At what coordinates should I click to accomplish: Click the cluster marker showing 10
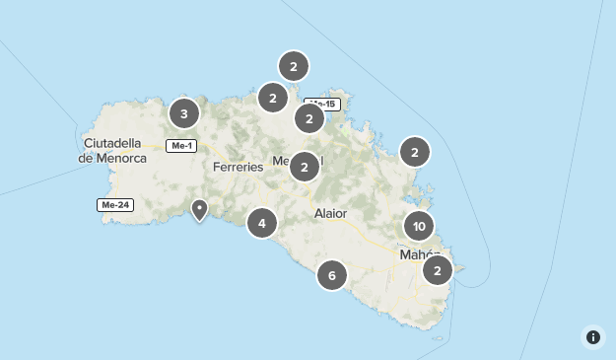[x=419, y=226]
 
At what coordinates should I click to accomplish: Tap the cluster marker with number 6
[x=332, y=275]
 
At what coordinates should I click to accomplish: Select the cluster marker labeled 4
[x=261, y=224]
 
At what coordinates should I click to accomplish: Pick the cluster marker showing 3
[x=183, y=113]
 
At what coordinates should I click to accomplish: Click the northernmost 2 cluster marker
[x=294, y=66]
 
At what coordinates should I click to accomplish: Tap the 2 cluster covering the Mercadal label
[x=305, y=167]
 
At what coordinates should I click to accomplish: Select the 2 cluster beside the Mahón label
[x=437, y=269]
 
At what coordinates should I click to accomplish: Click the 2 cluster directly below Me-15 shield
[x=309, y=119]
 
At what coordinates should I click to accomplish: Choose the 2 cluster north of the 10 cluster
[x=415, y=152]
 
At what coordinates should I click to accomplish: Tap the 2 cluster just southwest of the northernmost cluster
[x=272, y=97]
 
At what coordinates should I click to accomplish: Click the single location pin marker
[x=199, y=208]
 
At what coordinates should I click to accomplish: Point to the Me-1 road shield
[x=181, y=146]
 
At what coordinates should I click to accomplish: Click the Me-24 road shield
[x=114, y=205]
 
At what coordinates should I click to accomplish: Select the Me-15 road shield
[x=322, y=104]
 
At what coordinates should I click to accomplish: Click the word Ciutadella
[x=114, y=142]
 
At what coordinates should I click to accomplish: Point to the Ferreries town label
[x=239, y=167]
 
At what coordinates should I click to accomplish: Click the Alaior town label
[x=330, y=213]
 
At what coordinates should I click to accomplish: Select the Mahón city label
[x=414, y=254]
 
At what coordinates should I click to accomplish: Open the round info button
[x=593, y=337]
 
